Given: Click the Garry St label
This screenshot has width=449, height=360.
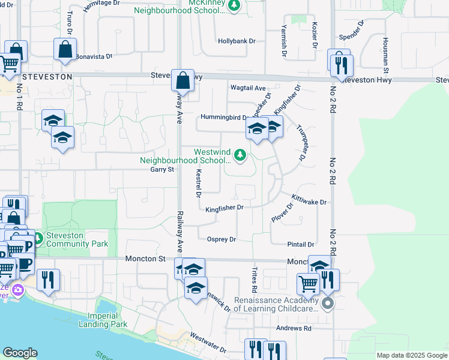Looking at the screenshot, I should [161, 169].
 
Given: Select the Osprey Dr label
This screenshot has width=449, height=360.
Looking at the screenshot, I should [221, 239].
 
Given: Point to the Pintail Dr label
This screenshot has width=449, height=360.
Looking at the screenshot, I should [301, 245].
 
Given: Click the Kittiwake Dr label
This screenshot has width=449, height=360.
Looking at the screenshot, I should [309, 200].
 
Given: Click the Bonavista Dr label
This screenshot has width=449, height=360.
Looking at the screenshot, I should [94, 56].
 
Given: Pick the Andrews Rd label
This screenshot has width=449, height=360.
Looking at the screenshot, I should [294, 328].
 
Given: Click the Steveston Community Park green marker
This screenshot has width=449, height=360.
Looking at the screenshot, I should [37, 239].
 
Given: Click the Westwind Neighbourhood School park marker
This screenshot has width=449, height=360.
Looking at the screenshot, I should [240, 155].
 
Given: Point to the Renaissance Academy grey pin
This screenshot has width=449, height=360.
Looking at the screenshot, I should [327, 304].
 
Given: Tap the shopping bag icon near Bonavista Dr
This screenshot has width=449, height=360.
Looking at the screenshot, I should [65, 50].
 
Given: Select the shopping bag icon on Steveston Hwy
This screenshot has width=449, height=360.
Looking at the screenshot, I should [182, 80].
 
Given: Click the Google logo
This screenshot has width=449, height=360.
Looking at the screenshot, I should [20, 353].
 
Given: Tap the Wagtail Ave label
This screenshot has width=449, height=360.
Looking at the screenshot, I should [248, 88].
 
